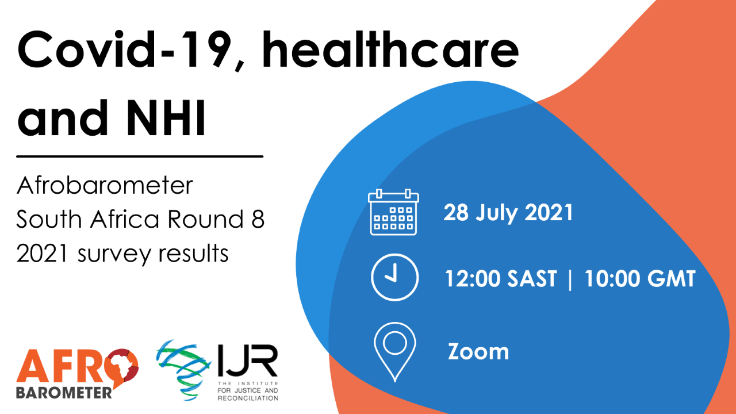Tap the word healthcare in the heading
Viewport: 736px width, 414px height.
tap(390, 49)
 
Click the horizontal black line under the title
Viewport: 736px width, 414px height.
tap(140, 156)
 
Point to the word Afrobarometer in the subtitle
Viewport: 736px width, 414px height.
tap(105, 185)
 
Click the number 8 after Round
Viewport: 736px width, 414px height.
tap(258, 219)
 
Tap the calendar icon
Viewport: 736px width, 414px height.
tap(393, 212)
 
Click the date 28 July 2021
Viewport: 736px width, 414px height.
tap(508, 213)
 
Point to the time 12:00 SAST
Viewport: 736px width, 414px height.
tap(501, 279)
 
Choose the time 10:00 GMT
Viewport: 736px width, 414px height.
tap(640, 279)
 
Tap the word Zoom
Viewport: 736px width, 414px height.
tap(478, 351)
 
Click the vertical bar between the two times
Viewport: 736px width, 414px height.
tap(570, 279)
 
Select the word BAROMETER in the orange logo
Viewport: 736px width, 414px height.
tap(64, 393)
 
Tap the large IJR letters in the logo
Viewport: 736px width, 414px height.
tap(248, 361)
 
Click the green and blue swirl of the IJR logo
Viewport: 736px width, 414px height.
tap(183, 370)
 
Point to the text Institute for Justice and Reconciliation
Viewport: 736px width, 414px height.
tap(248, 391)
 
